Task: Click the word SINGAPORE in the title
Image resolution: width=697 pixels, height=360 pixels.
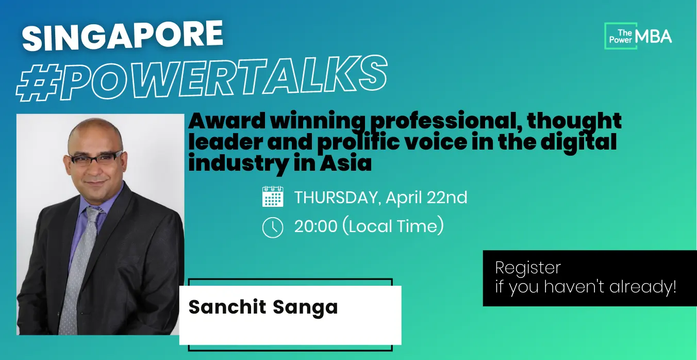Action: click(123, 36)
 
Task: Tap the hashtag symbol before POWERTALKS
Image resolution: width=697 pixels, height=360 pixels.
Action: click(38, 83)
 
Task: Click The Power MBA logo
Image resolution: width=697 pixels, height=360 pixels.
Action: click(638, 36)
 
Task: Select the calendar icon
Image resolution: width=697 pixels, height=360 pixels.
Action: click(273, 197)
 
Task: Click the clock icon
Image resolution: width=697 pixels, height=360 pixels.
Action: click(273, 227)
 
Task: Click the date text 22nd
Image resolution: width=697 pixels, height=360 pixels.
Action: click(447, 198)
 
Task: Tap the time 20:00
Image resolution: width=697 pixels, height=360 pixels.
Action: click(316, 226)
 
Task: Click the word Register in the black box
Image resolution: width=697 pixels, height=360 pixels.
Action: click(528, 268)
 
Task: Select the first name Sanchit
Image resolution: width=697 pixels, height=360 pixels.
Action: click(227, 307)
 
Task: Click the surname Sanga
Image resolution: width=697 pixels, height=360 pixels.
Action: click(305, 308)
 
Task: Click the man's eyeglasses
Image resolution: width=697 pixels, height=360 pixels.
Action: click(96, 158)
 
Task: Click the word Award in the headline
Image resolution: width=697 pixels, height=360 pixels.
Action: click(227, 121)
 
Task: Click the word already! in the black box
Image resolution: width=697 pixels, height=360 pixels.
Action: click(643, 287)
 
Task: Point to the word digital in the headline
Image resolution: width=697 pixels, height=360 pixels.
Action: click(578, 143)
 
